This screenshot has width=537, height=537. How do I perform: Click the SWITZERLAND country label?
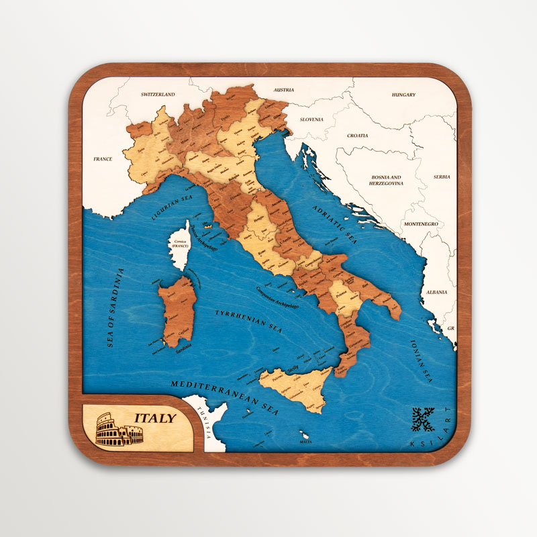[158, 95]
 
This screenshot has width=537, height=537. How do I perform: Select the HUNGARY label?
[403, 95]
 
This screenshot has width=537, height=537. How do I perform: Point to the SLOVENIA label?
[311, 119]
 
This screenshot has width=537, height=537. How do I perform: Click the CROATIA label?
[357, 136]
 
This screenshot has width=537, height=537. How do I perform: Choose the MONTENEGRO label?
[421, 224]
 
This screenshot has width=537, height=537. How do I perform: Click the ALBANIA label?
[436, 293]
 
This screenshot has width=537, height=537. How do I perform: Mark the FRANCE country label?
[103, 159]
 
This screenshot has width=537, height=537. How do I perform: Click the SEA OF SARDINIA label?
[115, 307]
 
